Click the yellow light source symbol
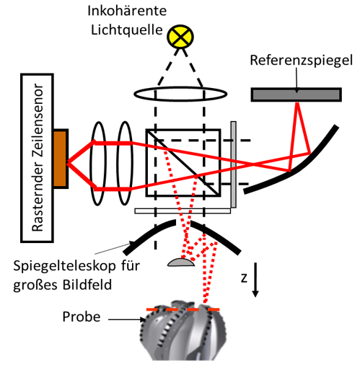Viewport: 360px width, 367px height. pos(180,37)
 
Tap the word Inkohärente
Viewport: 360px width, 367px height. pos(127,11)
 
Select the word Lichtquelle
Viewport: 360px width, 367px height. pos(127,30)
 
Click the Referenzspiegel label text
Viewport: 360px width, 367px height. pos(302,61)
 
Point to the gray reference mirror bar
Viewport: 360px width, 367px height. pos(296,94)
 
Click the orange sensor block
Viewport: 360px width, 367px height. pos(61,159)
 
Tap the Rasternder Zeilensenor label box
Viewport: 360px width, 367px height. pos(37,158)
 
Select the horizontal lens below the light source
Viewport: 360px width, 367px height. pos(180,94)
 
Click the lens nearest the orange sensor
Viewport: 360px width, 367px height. pos(98,164)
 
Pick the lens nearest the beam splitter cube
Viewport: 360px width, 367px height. pos(125,164)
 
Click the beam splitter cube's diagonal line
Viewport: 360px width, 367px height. pos(183,163)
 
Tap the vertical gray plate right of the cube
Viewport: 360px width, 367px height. pos(233,164)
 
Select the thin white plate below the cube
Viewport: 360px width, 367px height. pos(183,211)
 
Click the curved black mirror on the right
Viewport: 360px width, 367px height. pos(296,168)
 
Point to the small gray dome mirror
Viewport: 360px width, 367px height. pos(181,262)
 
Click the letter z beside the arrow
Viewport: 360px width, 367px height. pos(244,278)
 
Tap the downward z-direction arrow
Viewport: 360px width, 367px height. pos(255,280)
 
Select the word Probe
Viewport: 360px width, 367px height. pos(82,317)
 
